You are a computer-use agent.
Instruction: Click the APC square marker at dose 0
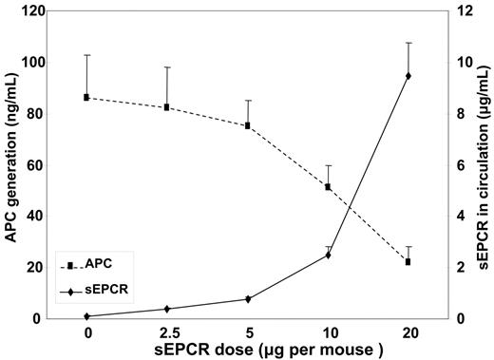87,97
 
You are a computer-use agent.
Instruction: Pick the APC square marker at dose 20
408,261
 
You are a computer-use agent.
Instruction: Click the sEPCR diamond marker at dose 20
408,76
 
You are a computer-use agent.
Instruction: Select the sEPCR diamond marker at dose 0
87,316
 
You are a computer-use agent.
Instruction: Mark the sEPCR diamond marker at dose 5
248,299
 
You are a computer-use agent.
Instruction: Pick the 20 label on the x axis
408,333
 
